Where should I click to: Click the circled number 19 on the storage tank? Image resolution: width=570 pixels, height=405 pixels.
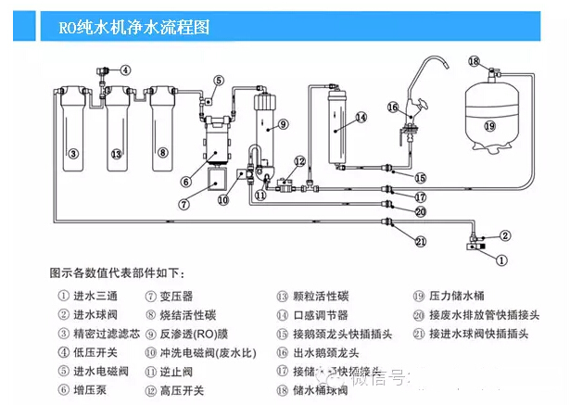click(489, 125)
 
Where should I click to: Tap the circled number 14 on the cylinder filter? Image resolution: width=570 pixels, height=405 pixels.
click(361, 117)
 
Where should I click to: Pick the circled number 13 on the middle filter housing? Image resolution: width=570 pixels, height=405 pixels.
click(117, 153)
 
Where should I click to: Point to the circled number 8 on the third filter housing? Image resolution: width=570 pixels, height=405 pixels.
click(162, 153)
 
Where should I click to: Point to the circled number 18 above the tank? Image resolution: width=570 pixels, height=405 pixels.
click(474, 61)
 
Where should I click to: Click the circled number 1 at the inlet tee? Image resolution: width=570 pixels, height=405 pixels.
click(502, 260)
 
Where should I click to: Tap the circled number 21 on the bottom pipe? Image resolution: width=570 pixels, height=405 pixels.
click(421, 242)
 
